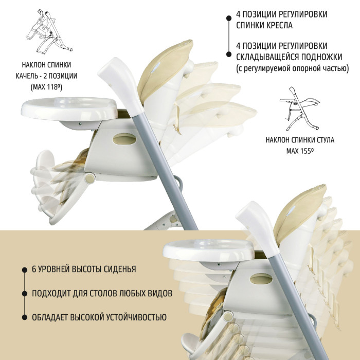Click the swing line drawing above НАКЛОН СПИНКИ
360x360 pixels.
click(49, 32)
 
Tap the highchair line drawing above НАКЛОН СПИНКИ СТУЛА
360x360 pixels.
click(300, 109)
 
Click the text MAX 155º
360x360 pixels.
click(300, 151)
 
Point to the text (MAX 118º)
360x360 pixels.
click(46, 87)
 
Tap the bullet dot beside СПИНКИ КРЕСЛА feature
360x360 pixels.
click(229, 18)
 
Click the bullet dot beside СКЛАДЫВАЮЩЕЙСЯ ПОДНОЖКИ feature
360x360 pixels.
click(229, 54)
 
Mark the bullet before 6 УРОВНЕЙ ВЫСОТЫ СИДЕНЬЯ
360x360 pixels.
click(25, 270)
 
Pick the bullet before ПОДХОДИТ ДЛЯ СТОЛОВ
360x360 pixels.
click(25, 294)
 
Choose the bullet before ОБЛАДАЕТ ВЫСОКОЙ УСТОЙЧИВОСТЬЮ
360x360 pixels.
click(25, 317)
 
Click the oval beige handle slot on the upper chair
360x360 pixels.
click(124, 139)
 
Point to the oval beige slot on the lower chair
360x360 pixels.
click(261, 279)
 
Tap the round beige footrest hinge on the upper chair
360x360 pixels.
click(90, 178)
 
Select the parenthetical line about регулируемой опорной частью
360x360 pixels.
click(293, 68)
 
